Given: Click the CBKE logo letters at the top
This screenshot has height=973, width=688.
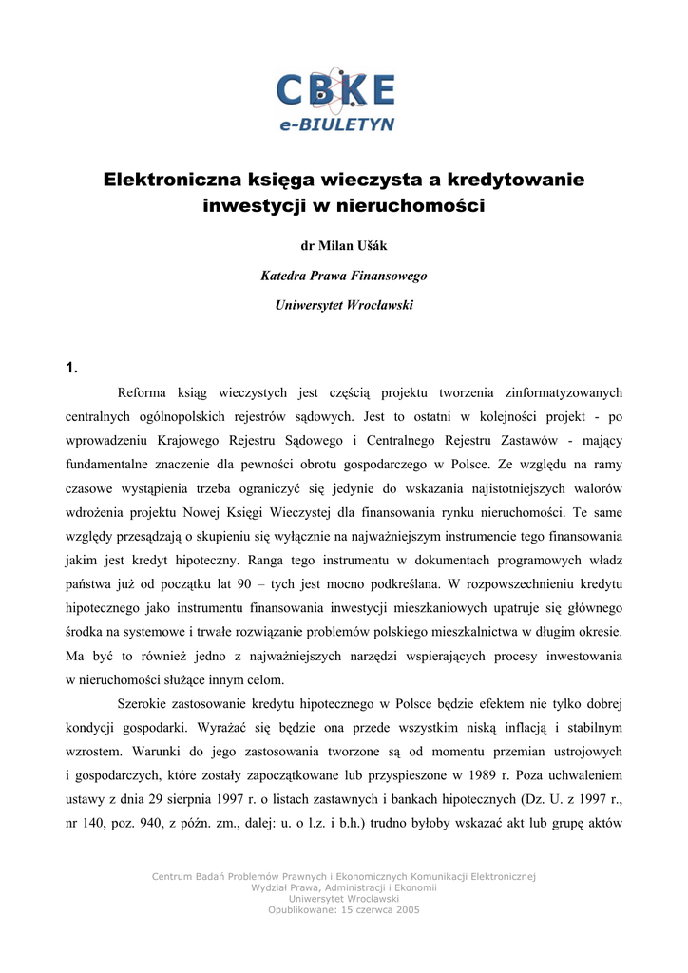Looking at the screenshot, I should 334,92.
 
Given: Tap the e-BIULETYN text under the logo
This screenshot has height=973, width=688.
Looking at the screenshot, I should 336,124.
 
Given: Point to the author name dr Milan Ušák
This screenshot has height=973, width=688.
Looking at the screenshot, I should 344,246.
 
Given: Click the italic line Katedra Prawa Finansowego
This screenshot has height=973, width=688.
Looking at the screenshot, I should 344,276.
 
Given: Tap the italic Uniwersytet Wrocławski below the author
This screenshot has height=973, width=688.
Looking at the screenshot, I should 344,305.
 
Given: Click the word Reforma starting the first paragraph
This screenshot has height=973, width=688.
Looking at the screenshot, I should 142,392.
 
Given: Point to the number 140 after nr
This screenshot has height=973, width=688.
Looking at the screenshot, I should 100,824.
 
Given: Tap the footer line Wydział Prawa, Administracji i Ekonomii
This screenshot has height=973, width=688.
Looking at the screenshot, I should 344,887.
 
